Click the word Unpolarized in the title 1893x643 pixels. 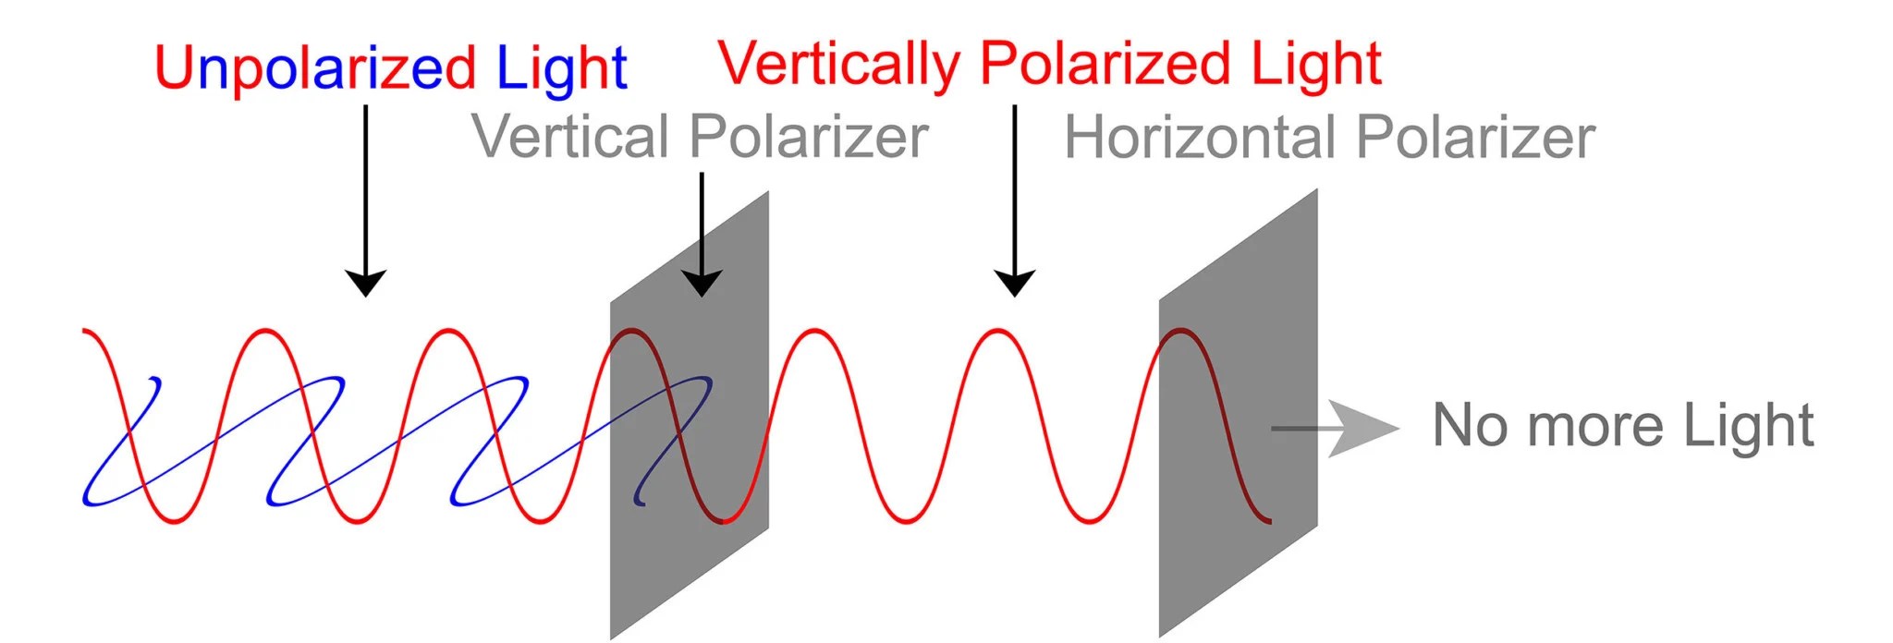(x=314, y=68)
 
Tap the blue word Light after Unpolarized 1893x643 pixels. (x=561, y=68)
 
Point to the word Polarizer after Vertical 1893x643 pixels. (x=810, y=137)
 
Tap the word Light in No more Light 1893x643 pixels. (x=1748, y=426)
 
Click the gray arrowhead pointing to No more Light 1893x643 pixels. (x=1364, y=429)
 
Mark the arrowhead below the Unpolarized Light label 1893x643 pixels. (x=365, y=283)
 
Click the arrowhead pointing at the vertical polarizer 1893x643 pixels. (x=702, y=283)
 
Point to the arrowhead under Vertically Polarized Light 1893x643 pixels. (x=1014, y=283)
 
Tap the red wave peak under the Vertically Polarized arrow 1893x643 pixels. (x=998, y=331)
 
